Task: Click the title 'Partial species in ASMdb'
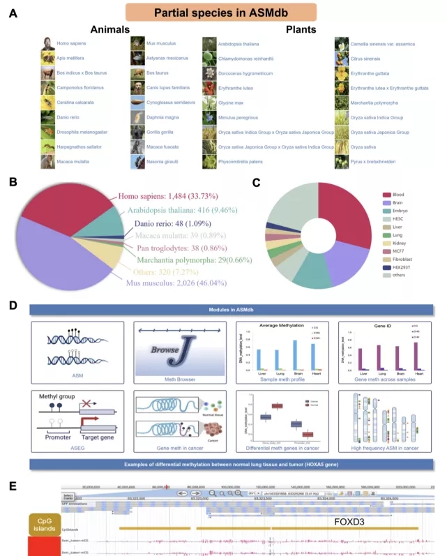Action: pos(221,13)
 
